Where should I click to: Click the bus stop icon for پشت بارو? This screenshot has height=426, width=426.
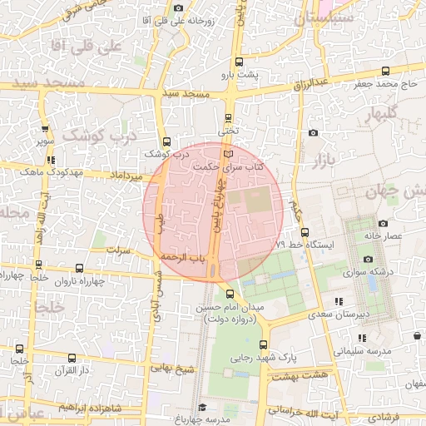240,62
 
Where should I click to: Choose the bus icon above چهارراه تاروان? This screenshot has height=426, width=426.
79,269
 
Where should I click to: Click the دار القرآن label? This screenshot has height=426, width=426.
59,369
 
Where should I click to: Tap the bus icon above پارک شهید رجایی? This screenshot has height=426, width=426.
264,344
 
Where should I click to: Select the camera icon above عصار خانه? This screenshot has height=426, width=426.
381,223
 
